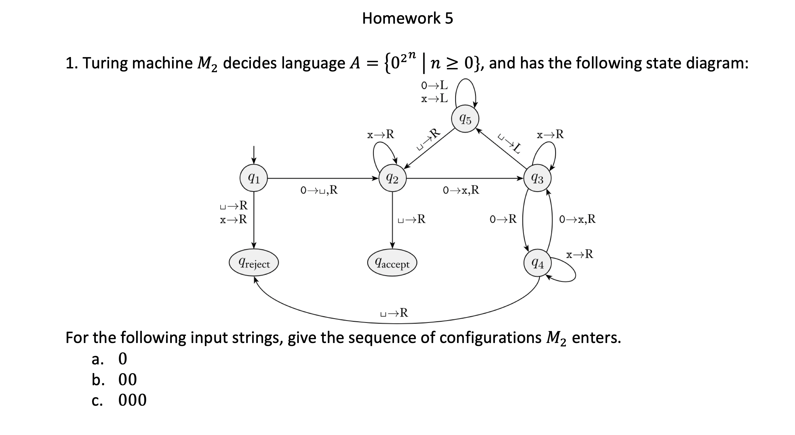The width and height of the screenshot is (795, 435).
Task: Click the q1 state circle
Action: (254, 178)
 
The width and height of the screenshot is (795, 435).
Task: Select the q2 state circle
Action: (392, 178)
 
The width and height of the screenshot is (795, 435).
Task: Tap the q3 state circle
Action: (537, 178)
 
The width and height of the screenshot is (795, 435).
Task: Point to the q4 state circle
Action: (537, 263)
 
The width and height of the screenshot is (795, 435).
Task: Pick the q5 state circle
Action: (465, 119)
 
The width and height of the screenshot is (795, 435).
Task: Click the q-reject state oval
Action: (254, 263)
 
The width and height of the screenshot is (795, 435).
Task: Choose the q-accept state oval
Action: (392, 263)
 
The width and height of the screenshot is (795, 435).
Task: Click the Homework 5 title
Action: (407, 18)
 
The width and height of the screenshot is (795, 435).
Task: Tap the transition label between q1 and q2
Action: (319, 190)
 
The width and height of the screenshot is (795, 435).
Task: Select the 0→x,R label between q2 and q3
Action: (461, 190)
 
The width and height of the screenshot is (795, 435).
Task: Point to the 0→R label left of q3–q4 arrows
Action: (503, 219)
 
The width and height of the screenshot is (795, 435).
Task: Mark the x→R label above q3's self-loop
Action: (550, 135)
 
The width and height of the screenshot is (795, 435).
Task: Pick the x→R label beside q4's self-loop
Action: (579, 254)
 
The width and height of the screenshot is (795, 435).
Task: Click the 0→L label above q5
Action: (434, 85)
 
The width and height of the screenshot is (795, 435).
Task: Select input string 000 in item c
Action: (132, 400)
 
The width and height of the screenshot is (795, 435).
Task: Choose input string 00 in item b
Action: (127, 379)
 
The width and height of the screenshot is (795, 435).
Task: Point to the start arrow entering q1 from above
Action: (254, 154)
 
